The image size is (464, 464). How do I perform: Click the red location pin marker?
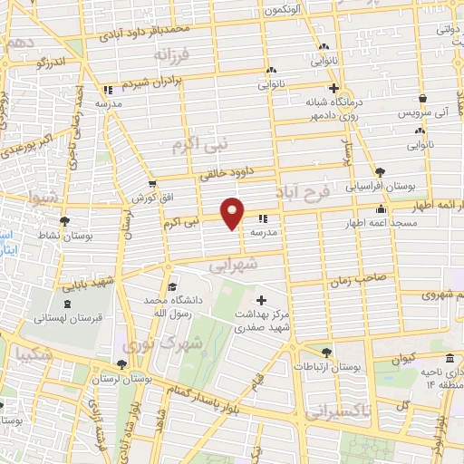pos(233,212)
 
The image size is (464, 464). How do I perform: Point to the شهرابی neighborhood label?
pos(234,266)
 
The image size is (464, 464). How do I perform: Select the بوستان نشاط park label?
pos(85,234)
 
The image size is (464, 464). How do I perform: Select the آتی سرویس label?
pos(427,113)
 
